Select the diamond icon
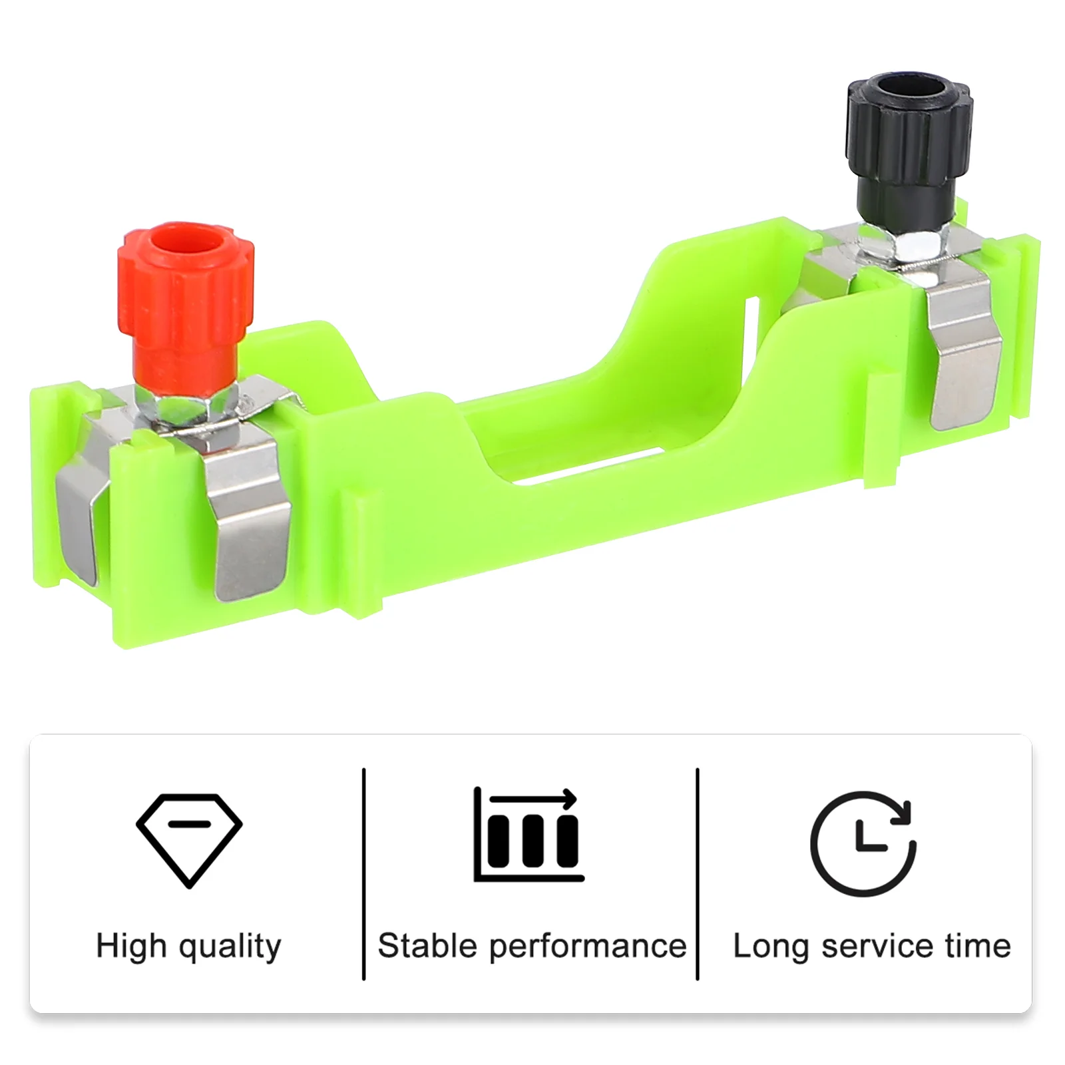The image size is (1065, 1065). [190, 840]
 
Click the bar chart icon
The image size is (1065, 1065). [529, 835]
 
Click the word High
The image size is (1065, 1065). [131, 945]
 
